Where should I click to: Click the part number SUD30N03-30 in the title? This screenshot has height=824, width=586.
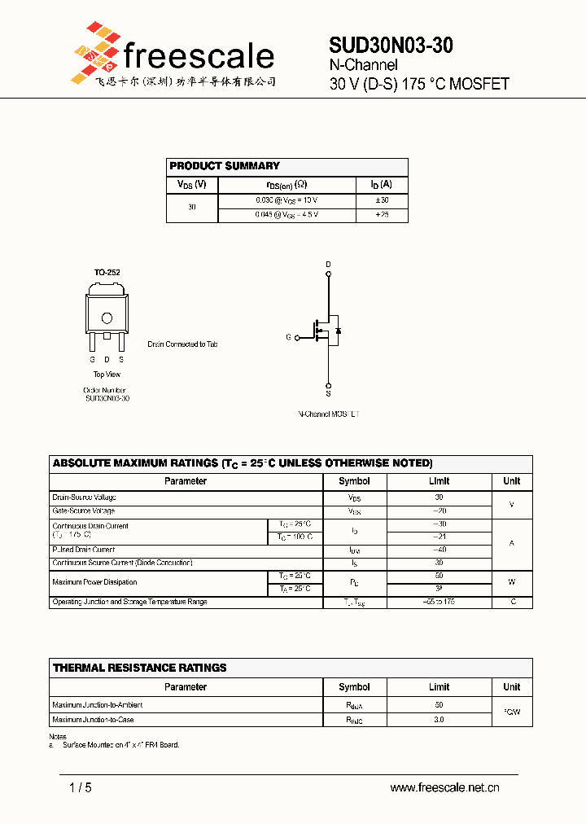tap(391, 46)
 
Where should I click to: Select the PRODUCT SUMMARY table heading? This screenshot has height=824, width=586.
tap(225, 166)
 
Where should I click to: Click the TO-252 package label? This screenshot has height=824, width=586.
tap(107, 273)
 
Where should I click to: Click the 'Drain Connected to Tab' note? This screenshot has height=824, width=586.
tap(182, 344)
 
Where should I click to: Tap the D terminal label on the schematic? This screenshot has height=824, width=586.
tap(329, 265)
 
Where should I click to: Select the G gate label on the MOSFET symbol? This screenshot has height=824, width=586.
tap(288, 337)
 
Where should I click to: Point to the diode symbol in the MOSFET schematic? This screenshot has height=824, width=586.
tap(339, 331)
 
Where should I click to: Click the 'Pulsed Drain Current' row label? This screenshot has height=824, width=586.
tap(84, 550)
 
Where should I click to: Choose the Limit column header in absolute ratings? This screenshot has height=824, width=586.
tap(439, 481)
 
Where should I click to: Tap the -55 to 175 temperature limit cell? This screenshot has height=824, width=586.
tap(439, 602)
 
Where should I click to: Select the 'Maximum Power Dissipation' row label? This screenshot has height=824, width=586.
tap(94, 582)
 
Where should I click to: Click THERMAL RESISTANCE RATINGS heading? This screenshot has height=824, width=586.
tap(140, 668)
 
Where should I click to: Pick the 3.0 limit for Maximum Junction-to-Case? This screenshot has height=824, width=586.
tap(439, 720)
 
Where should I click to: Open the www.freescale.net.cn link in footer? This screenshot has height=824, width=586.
tap(444, 787)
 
